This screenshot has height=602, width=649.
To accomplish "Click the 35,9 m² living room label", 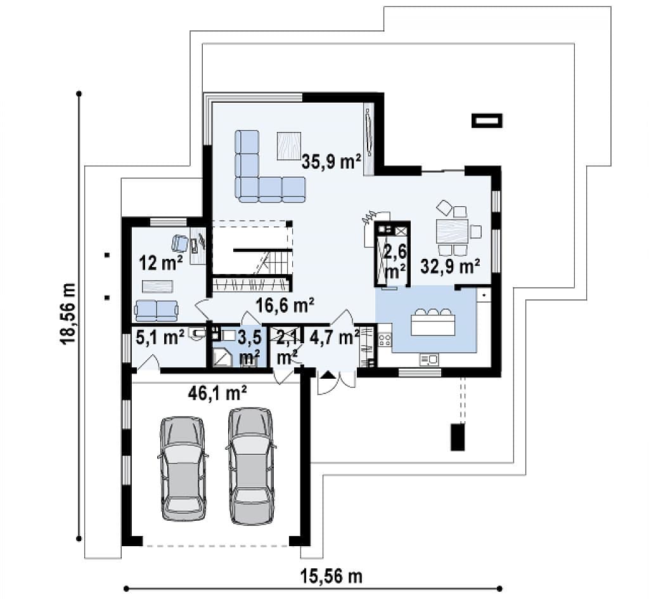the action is click(x=331, y=162).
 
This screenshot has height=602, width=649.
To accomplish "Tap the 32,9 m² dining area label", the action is click(x=451, y=266).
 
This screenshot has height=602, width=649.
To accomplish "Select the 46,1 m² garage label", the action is click(x=217, y=393).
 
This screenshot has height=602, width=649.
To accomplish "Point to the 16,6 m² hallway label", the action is click(x=285, y=306).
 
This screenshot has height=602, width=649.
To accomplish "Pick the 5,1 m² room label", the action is click(x=160, y=338).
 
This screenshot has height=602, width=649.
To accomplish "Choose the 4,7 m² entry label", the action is click(x=335, y=338).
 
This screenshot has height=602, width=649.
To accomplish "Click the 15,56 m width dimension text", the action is click(x=331, y=577).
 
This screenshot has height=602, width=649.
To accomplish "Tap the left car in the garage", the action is click(x=183, y=468).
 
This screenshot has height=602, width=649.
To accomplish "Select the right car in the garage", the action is click(x=251, y=466).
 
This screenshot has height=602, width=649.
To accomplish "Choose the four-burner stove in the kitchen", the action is click(x=385, y=340).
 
